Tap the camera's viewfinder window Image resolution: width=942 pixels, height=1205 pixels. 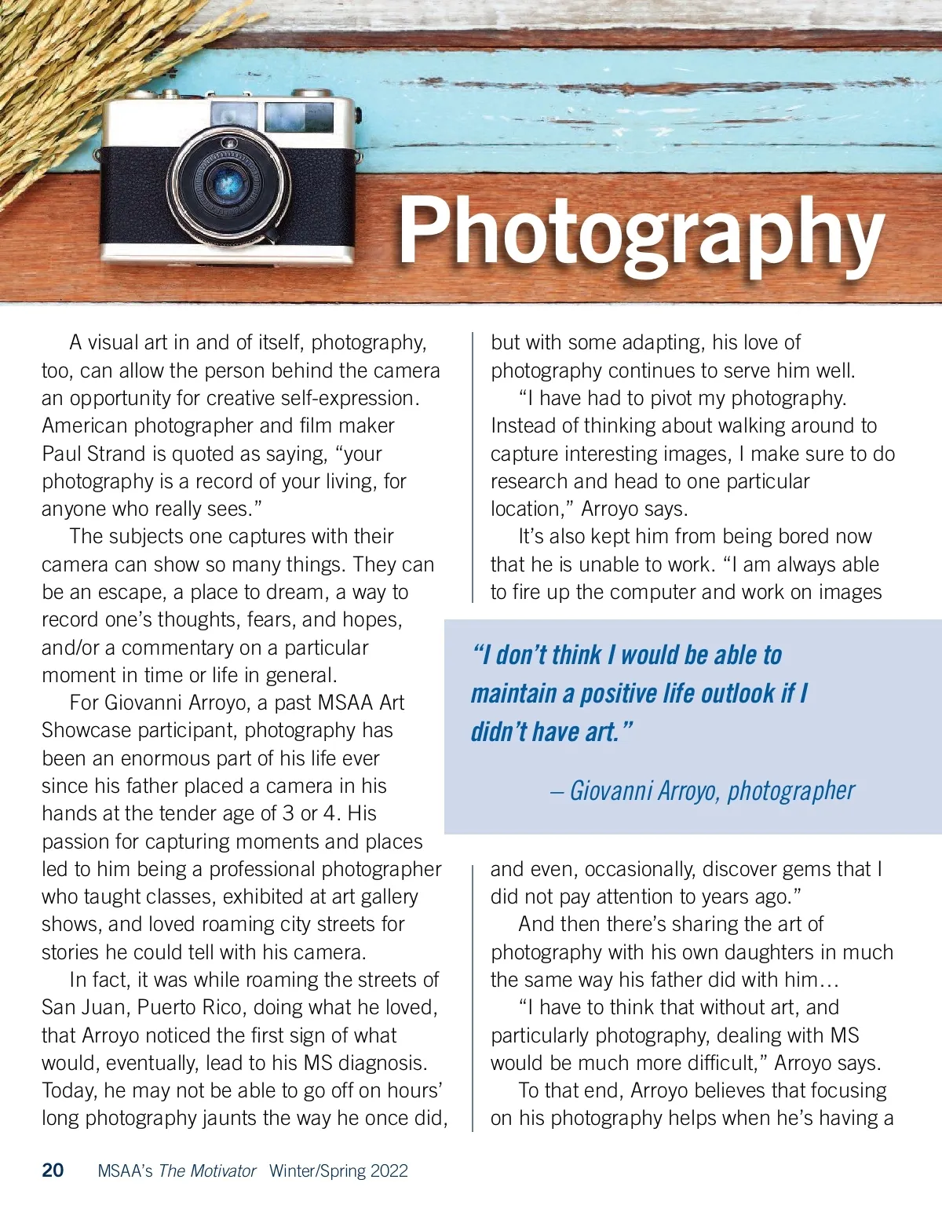(x=299, y=118)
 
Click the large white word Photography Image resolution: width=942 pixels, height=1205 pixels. (x=641, y=232)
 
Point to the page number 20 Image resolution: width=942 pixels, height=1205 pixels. (x=53, y=1170)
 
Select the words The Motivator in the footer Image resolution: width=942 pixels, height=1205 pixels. (x=207, y=1171)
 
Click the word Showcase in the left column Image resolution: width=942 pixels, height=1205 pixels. (x=86, y=730)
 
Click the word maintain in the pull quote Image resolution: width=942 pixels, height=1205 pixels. (x=514, y=694)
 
